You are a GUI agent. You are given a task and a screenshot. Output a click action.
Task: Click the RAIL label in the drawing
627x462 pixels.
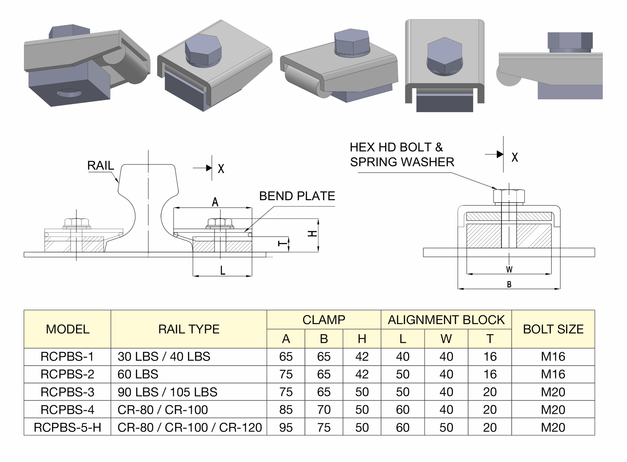(100, 165)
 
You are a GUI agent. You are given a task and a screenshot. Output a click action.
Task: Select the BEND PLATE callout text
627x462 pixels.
(297, 196)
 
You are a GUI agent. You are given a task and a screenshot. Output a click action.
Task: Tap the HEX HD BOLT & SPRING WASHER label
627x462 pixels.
(402, 155)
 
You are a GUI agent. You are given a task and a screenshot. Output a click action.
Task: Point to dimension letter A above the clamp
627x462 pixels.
(215, 202)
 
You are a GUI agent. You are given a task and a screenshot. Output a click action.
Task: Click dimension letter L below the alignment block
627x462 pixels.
(223, 270)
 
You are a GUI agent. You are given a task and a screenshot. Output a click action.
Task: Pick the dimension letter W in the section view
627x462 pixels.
(509, 269)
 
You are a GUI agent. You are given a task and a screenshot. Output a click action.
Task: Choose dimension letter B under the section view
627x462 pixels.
(509, 284)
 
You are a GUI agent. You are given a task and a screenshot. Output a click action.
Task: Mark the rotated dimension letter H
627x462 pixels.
(312, 234)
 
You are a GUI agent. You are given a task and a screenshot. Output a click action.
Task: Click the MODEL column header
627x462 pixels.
(67, 329)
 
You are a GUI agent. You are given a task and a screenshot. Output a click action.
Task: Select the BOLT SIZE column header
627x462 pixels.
(553, 329)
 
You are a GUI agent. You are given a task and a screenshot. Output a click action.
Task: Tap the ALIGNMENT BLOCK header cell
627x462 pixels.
(446, 320)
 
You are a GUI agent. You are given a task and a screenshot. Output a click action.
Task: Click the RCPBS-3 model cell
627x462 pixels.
(67, 392)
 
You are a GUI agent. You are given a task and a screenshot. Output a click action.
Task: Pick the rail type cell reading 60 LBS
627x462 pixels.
(138, 374)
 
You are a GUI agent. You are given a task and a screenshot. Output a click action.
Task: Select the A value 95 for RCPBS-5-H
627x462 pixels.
(286, 427)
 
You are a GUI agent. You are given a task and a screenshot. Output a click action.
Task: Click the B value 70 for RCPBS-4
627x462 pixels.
(324, 410)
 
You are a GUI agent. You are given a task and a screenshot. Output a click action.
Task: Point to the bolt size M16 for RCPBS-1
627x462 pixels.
(553, 357)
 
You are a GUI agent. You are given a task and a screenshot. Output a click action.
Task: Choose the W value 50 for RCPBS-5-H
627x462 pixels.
(446, 427)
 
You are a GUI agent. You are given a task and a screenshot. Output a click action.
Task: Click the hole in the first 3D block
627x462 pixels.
(69, 93)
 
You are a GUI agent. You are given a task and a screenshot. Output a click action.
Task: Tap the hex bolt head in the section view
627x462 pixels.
(509, 196)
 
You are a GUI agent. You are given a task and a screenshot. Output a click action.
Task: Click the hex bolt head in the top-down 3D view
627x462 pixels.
(444, 57)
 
